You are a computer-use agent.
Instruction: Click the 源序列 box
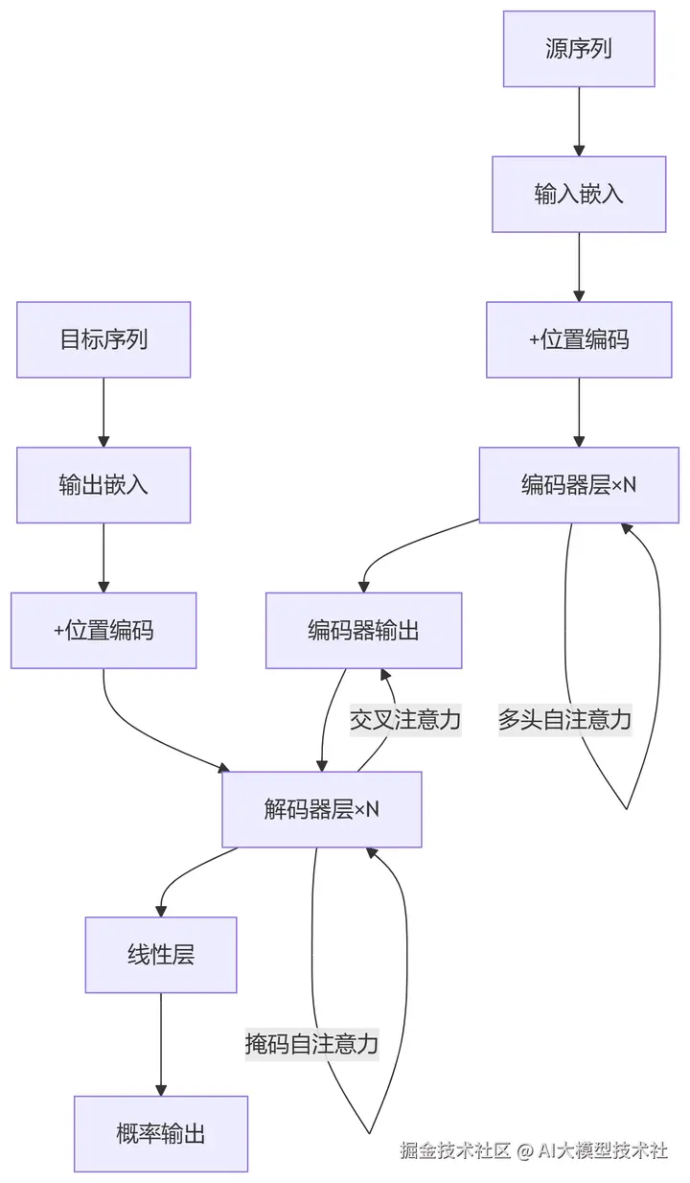[x=579, y=49]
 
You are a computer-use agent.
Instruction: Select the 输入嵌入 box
[x=579, y=194]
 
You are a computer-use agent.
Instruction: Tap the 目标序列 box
[x=103, y=339]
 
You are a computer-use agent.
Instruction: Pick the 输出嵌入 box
[x=103, y=484]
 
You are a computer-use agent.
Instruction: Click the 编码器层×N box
[x=579, y=484]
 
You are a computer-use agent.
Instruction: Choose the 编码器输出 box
[x=363, y=630]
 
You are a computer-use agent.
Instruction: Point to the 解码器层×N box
[x=322, y=809]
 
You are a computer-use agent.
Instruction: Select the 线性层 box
[x=161, y=955]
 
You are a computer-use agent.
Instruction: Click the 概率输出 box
[x=161, y=1134]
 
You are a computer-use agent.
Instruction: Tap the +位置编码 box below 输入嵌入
[x=579, y=339]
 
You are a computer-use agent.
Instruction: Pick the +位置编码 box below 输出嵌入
[x=103, y=630]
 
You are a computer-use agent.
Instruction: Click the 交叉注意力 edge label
[x=405, y=719]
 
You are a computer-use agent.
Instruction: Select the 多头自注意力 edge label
[x=564, y=719]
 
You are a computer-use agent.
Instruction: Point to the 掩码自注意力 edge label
[x=311, y=1044]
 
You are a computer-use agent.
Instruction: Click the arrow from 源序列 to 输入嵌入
[x=579, y=122]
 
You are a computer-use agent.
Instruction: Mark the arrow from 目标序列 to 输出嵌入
[x=103, y=412]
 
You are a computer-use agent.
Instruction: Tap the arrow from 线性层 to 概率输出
[x=161, y=1045]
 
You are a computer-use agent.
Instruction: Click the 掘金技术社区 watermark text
[x=455, y=1150]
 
